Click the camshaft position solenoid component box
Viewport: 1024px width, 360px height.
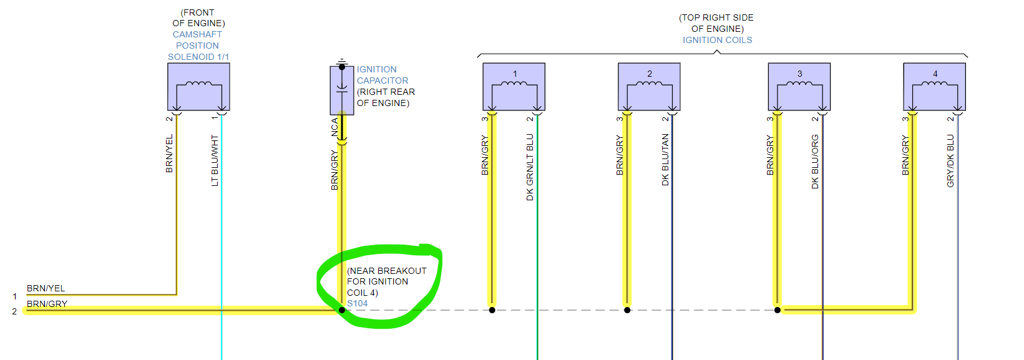pyautogui.click(x=198, y=87)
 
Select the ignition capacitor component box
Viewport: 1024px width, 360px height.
pyautogui.click(x=341, y=90)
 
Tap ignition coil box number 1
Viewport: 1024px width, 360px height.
pyautogui.click(x=514, y=87)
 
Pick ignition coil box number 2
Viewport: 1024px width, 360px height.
pyautogui.click(x=649, y=87)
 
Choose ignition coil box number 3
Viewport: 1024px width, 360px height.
pyautogui.click(x=799, y=87)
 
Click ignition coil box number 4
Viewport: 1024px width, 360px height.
pyautogui.click(x=934, y=87)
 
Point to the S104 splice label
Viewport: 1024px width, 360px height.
pyautogui.click(x=358, y=304)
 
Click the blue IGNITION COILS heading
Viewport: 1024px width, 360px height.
pyautogui.click(x=717, y=40)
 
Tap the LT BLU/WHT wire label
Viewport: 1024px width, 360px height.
pyautogui.click(x=215, y=160)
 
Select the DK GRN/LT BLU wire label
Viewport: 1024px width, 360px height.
pyautogui.click(x=530, y=167)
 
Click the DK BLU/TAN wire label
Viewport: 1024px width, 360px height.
pyautogui.click(x=665, y=160)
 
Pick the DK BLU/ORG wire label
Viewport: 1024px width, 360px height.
pyautogui.click(x=815, y=162)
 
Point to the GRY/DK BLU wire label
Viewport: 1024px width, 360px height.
pyautogui.click(x=950, y=161)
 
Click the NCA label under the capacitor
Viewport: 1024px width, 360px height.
pyautogui.click(x=334, y=127)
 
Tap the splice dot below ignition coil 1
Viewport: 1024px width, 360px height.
pyautogui.click(x=492, y=310)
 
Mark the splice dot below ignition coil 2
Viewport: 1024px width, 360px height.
pyautogui.click(x=627, y=310)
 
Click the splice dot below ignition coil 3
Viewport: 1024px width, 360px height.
pyautogui.click(x=778, y=310)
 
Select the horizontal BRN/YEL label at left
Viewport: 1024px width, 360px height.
pyautogui.click(x=46, y=288)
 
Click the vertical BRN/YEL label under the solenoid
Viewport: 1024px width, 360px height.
pyautogui.click(x=169, y=154)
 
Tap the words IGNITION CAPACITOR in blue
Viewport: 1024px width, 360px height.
pyautogui.click(x=382, y=75)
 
